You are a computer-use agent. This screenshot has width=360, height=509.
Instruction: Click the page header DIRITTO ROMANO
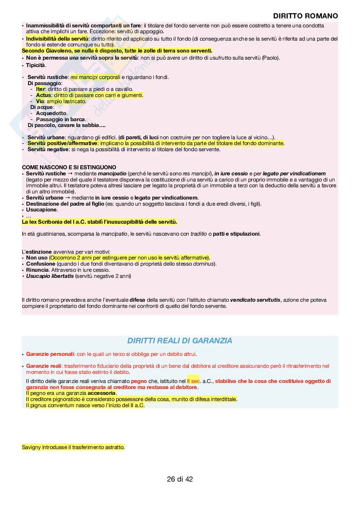click(305, 16)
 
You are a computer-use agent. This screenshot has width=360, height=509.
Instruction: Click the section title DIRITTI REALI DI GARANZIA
click(180, 341)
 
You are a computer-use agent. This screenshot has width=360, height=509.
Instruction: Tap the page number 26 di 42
click(180, 479)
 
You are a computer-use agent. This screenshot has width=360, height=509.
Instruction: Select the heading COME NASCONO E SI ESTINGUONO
click(69, 167)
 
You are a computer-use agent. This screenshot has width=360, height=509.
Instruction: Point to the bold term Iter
click(40, 89)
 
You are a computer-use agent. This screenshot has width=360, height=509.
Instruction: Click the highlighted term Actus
click(44, 95)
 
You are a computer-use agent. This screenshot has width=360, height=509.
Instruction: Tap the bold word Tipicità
click(36, 65)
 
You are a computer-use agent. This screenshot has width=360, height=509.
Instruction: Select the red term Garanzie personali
click(50, 354)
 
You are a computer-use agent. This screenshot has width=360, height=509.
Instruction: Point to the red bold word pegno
click(139, 381)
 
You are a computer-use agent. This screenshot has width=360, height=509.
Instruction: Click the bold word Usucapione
click(42, 210)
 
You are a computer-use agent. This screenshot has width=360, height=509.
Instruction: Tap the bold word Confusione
click(41, 264)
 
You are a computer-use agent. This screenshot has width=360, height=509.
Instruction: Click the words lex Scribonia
click(45, 222)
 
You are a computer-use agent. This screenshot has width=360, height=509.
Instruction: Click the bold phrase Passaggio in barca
click(61, 119)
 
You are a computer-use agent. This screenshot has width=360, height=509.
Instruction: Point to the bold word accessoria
click(101, 393)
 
